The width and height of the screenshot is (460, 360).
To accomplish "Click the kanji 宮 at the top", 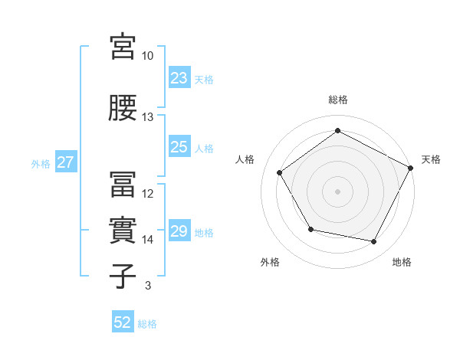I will point(123,47).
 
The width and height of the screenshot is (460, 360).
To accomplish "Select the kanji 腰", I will point(123,108).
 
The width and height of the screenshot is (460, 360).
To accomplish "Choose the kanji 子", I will point(123,276).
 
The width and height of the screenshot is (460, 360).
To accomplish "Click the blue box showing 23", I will point(179,78).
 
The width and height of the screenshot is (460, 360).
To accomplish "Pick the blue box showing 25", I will point(179,147).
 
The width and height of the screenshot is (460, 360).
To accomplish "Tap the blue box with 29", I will point(179,231).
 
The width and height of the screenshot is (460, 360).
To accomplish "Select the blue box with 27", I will point(65,162).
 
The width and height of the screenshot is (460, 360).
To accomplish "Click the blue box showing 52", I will point(123,322).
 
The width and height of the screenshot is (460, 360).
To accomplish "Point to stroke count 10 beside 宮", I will point(148,57).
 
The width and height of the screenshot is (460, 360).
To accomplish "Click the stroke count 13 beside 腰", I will point(148,117).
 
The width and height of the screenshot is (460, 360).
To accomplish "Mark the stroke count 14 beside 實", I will point(148,240).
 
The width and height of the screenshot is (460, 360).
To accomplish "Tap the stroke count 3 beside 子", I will point(148,286).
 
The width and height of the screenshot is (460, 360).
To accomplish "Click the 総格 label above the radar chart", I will point(338,100).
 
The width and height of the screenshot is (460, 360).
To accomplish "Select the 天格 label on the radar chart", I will point(432,159).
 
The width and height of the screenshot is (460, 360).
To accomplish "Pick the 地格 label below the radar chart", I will point(402,263).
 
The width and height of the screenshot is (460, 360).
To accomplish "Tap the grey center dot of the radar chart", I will point(338,191).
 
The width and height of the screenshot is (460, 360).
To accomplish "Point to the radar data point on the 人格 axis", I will point(280,172).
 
